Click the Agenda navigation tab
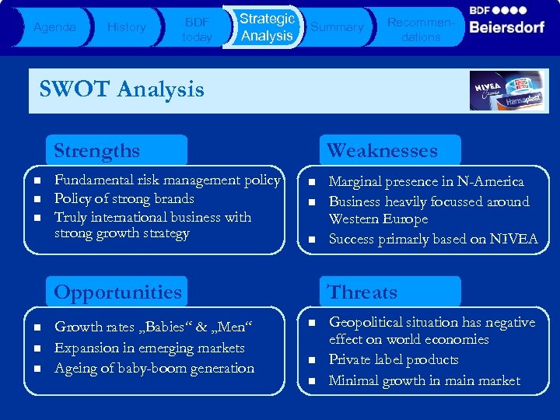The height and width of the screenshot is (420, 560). [x=54, y=27]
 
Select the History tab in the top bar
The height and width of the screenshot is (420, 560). [x=126, y=27]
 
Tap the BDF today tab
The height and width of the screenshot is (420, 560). [x=196, y=28]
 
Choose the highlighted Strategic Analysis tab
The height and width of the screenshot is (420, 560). [x=267, y=27]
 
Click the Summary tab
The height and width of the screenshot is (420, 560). [x=337, y=27]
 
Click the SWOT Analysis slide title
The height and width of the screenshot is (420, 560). [x=121, y=89]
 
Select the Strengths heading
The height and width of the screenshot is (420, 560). [x=96, y=150]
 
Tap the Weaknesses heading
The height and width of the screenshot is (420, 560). [x=382, y=150]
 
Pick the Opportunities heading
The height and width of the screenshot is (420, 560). [x=117, y=292]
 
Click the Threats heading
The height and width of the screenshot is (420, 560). [x=362, y=292]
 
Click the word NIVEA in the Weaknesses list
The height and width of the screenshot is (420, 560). [x=513, y=240]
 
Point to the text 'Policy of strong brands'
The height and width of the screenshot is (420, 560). [x=124, y=199]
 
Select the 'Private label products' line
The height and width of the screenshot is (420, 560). [x=394, y=360]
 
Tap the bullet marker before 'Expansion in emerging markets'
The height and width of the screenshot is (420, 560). [x=37, y=348]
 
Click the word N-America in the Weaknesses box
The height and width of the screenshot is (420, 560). [x=490, y=182]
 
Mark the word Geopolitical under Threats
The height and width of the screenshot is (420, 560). [x=369, y=322]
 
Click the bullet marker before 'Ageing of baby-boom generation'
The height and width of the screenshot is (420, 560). [x=37, y=369]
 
